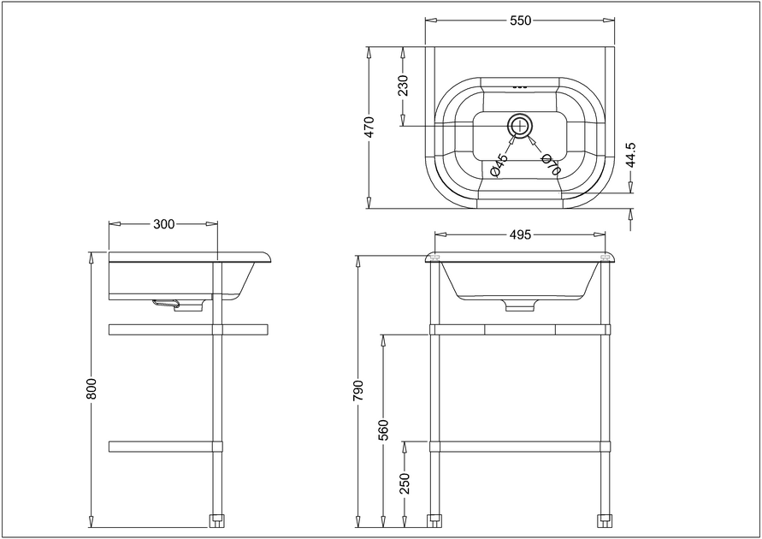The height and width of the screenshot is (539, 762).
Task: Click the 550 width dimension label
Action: coord(521,21)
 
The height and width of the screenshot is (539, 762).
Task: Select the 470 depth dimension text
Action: coord(369,127)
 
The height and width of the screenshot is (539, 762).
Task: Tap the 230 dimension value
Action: coord(403,86)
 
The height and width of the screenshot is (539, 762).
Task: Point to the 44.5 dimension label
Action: coord(630,155)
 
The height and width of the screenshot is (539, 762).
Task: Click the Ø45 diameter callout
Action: coord(499,165)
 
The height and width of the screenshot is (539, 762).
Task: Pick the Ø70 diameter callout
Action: coord(551,164)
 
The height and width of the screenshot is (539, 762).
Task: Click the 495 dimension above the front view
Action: coord(521,234)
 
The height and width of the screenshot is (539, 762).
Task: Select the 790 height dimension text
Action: coord(358,390)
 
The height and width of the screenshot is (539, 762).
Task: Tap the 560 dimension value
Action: coord(383,429)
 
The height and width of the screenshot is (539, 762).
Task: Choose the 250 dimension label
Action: coord(405,483)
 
